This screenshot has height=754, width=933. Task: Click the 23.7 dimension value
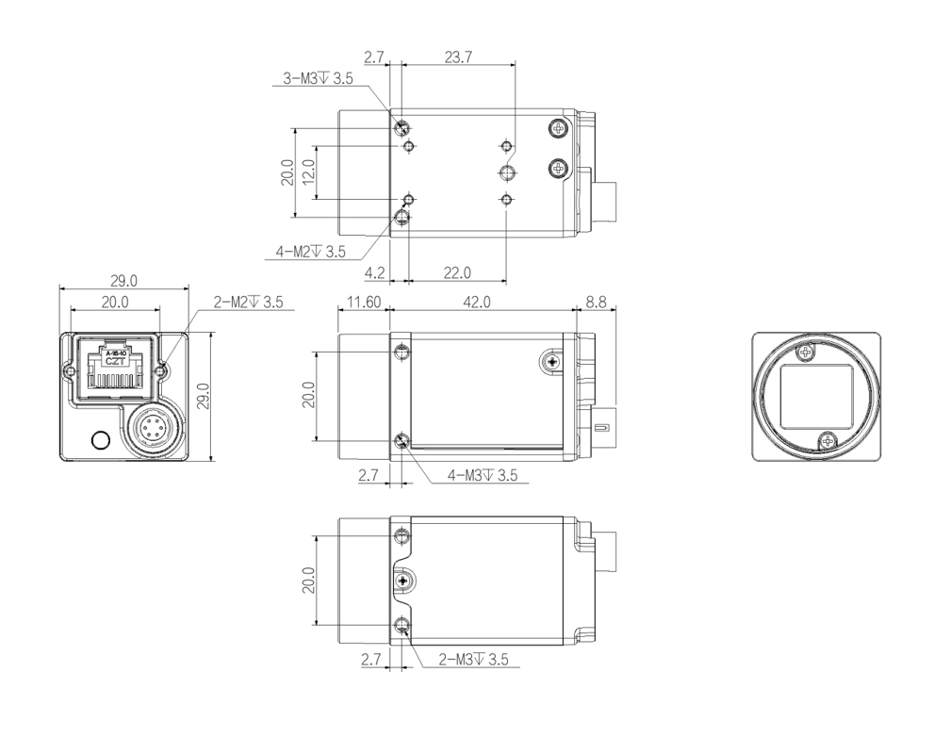(458, 57)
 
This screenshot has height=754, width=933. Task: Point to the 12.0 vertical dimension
(308, 172)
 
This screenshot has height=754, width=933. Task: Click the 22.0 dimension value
(457, 272)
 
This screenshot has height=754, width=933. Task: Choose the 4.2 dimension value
(374, 272)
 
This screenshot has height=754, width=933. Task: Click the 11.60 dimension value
(364, 303)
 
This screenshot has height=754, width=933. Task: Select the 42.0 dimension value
(477, 303)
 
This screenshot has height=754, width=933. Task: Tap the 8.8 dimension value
(596, 303)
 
